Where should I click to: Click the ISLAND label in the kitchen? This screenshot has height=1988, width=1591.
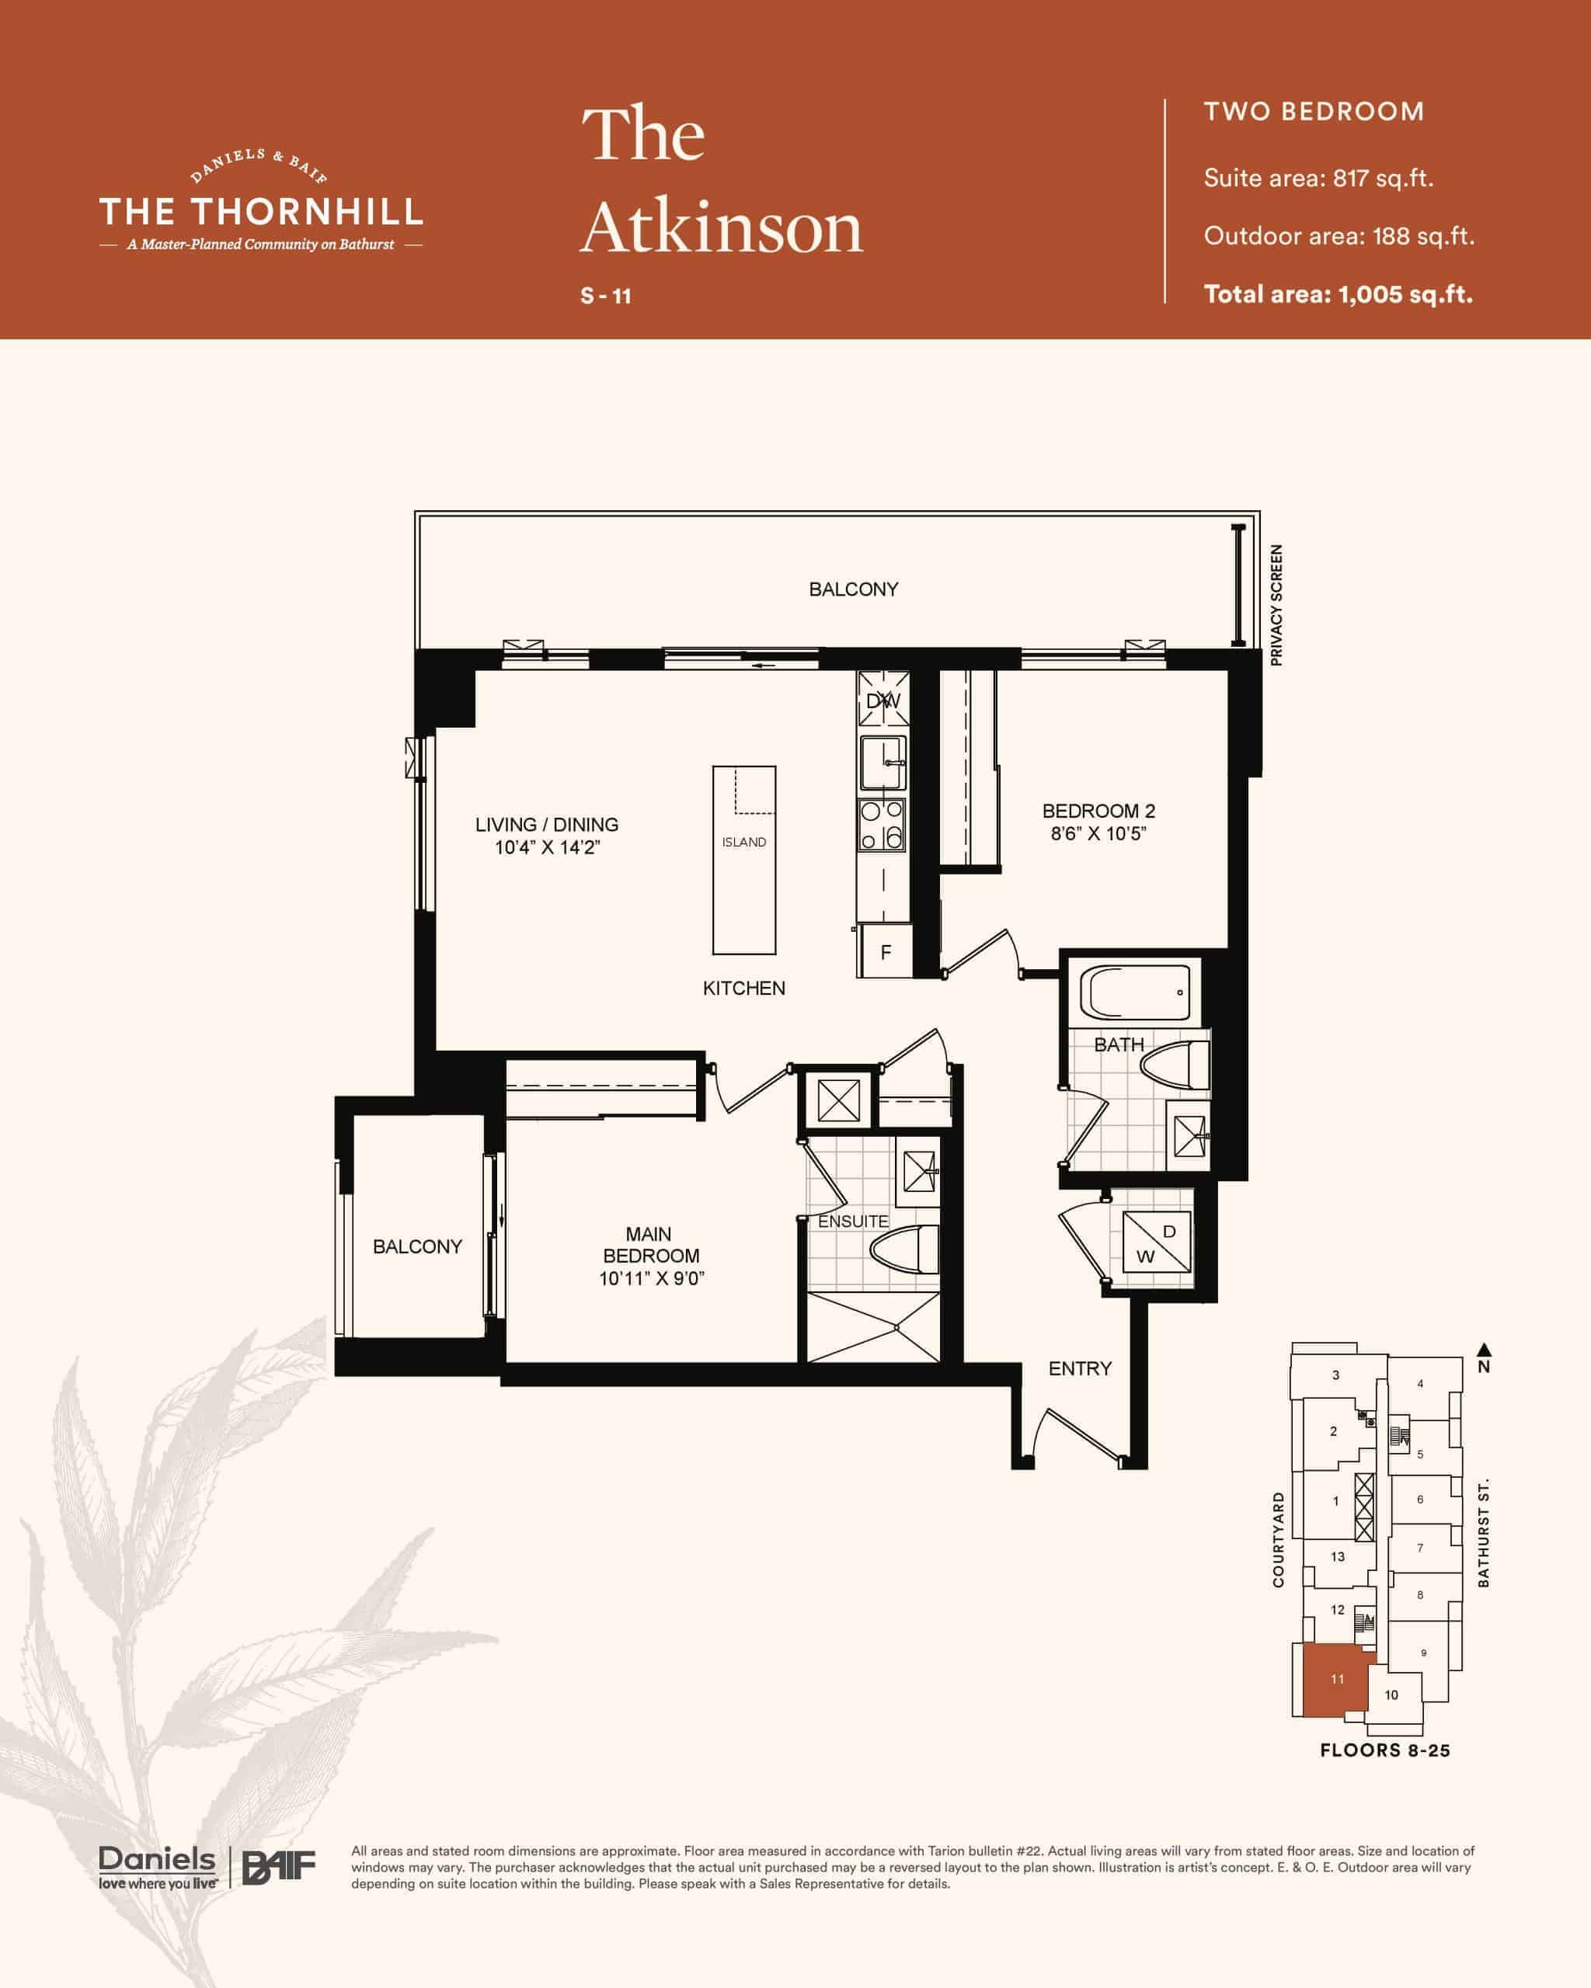(x=743, y=842)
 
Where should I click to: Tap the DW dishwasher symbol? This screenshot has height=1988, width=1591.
(x=883, y=700)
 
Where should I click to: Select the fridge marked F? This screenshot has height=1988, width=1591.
(x=885, y=951)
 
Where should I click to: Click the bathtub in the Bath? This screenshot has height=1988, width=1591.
(x=1139, y=993)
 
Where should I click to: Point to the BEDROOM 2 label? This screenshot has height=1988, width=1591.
(x=1098, y=811)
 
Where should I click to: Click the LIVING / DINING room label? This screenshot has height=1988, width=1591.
(x=547, y=825)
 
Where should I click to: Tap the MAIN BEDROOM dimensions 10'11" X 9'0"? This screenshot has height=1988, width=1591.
(x=651, y=1278)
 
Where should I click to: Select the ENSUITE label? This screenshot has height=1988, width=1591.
(x=853, y=1221)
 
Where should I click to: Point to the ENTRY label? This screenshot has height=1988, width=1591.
(x=1080, y=1368)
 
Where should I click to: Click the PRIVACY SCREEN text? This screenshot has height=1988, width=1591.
(x=1276, y=605)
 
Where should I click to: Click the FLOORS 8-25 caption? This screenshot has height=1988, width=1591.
(x=1384, y=1750)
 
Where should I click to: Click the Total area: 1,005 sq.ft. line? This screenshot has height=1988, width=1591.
(x=1339, y=294)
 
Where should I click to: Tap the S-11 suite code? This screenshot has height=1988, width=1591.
(x=606, y=296)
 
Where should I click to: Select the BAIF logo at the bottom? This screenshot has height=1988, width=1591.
(x=279, y=1867)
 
